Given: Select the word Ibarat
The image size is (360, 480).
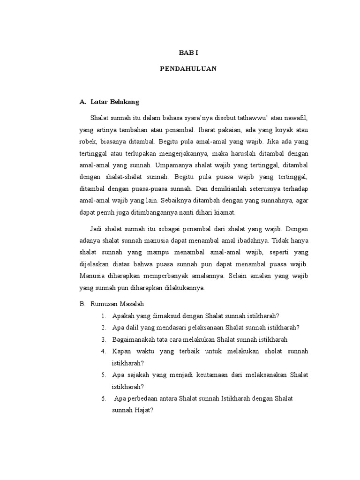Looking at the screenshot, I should [207, 129].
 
